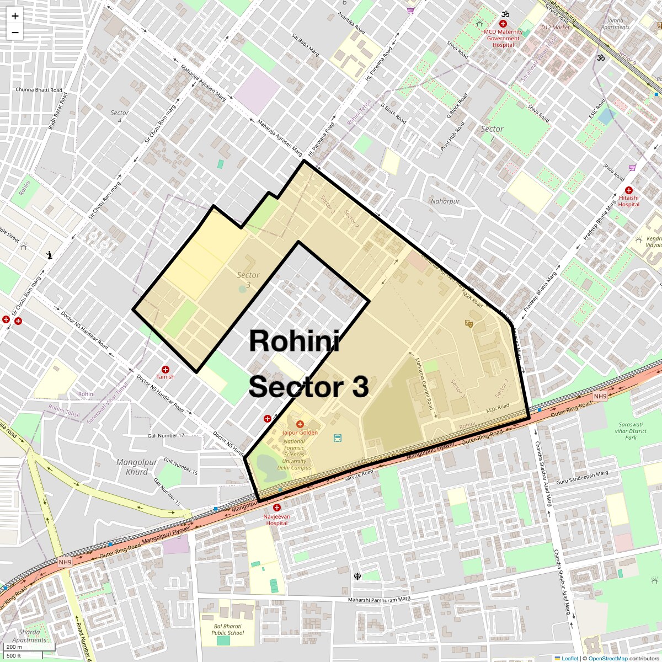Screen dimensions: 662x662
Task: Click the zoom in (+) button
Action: click(15, 17)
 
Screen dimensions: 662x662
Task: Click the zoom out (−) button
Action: click(15, 33)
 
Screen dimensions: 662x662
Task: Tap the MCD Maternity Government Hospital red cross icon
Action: click(503, 24)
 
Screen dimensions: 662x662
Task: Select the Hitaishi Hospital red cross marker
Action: click(628, 190)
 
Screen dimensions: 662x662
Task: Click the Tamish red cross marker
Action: click(165, 369)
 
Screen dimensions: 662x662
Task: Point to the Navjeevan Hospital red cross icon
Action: click(277, 507)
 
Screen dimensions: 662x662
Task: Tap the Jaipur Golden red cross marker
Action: click(300, 424)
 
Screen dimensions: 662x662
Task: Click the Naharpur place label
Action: click(445, 201)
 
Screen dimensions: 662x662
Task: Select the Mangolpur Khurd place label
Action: click(137, 467)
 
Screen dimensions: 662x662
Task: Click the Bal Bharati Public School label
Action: click(227, 629)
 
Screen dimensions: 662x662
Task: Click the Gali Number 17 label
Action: click(165, 436)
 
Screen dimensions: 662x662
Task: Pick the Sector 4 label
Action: click(120, 116)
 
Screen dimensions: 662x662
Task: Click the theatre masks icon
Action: click(469, 323)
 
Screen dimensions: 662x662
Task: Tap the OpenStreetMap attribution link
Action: click(607, 658)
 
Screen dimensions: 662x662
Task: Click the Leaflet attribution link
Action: click(570, 658)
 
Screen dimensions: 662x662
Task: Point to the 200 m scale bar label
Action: click(14, 647)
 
